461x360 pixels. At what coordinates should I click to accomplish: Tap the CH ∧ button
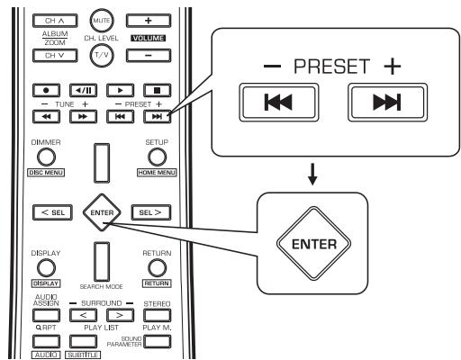57,19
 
